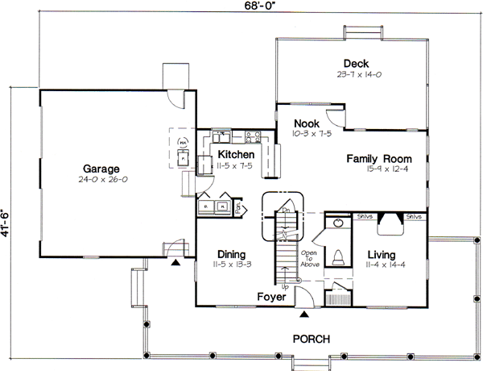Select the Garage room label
pos(100,169)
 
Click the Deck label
pos(355,63)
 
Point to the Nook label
pos(306,123)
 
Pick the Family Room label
pos(379,158)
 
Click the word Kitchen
pos(236,154)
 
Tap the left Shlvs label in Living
pos(364,216)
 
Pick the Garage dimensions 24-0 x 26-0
pos(100,180)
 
